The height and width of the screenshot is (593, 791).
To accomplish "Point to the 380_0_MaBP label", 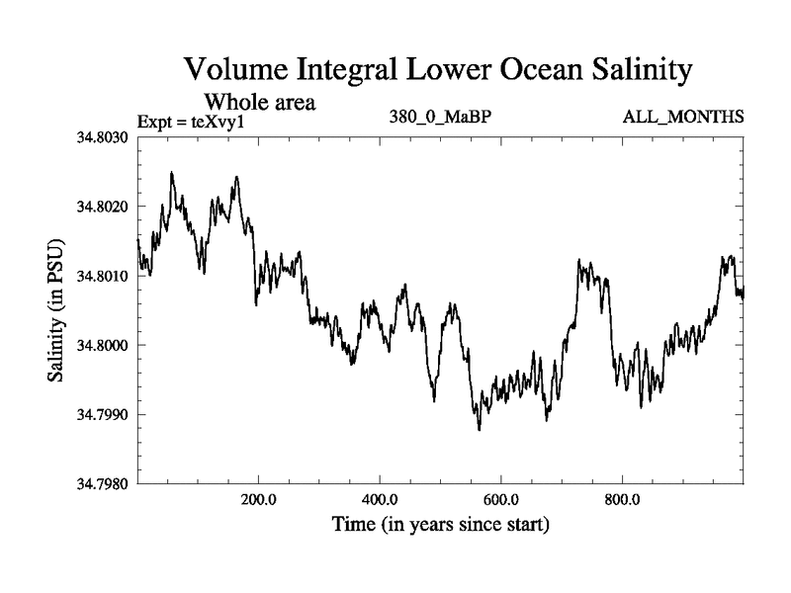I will [x=441, y=118].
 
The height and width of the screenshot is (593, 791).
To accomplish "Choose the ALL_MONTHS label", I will [x=683, y=118].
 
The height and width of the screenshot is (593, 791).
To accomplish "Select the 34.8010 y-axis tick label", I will [x=107, y=276].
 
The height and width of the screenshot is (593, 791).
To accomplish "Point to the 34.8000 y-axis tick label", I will [x=107, y=345].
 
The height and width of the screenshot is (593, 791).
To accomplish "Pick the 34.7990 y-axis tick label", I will [x=107, y=415].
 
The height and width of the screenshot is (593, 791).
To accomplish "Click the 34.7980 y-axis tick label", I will [x=107, y=484].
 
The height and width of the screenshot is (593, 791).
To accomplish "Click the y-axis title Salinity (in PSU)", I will [x=56, y=310].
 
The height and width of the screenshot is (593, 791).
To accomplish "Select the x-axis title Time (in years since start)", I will [x=440, y=525].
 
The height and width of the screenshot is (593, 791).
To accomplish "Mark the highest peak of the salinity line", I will [x=172, y=173].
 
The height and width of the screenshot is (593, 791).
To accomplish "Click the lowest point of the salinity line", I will [x=480, y=430].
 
